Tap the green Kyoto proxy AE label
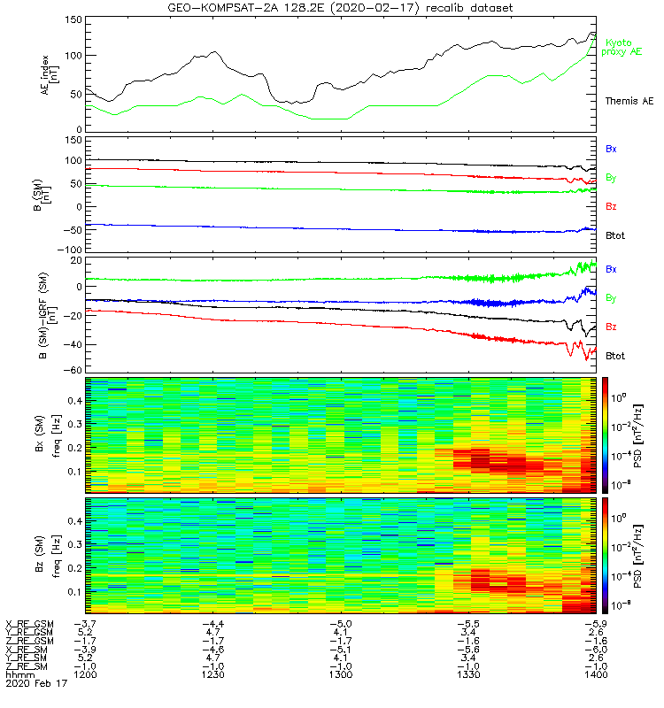click(623, 47)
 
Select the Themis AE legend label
click(628, 101)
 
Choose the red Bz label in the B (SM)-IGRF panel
click(611, 327)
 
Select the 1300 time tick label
click(340, 673)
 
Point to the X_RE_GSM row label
click(29, 624)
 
